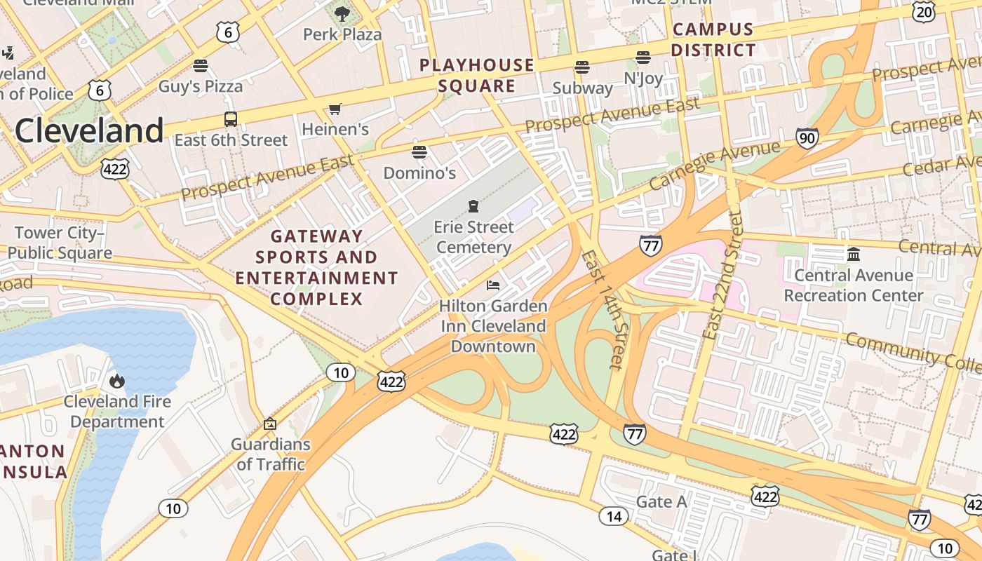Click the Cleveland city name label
click(89, 131)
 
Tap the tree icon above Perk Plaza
click(342, 13)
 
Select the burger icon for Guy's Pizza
click(201, 66)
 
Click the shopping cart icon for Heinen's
click(335, 109)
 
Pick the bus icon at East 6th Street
click(230, 119)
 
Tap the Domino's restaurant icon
click(419, 152)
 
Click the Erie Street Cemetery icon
click(473, 206)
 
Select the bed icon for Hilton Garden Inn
click(493, 285)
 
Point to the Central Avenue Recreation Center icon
click(853, 254)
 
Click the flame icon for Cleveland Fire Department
click(116, 381)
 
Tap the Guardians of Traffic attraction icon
click(269, 424)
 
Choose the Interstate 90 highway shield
click(807, 138)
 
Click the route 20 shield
click(924, 11)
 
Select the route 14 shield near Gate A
click(613, 517)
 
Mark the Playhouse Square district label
click(477, 76)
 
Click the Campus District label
click(713, 40)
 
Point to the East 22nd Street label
click(724, 275)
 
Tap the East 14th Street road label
click(602, 309)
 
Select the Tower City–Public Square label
click(60, 243)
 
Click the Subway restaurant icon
click(581, 67)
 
